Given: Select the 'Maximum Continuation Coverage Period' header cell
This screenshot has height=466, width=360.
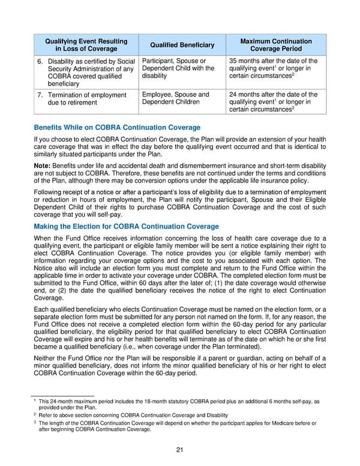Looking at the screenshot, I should [x=275, y=45].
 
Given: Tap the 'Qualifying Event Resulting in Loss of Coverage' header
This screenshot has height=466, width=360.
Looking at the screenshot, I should [x=86, y=45].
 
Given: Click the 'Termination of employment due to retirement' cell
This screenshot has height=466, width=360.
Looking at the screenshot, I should [x=86, y=99].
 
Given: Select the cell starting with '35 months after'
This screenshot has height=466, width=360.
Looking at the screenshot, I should [x=275, y=69].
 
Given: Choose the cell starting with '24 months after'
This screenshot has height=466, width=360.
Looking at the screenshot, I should [x=275, y=102].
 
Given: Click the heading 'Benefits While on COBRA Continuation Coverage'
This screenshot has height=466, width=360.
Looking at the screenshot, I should [x=117, y=128].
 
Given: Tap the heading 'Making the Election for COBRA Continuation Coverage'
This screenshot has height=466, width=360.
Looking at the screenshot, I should [x=127, y=226].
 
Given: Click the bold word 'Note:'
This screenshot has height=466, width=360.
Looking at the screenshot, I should [x=42, y=165].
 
